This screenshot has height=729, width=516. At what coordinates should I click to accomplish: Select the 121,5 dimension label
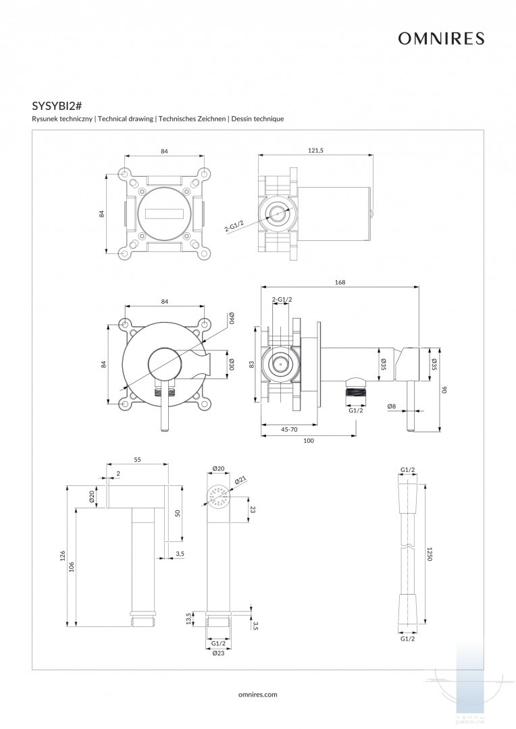pyautogui.click(x=316, y=151)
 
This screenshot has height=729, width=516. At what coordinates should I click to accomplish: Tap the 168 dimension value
pyautogui.click(x=340, y=282)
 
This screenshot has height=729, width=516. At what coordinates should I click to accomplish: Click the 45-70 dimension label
pyautogui.click(x=289, y=429)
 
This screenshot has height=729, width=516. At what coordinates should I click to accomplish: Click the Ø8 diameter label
pyautogui.click(x=392, y=406)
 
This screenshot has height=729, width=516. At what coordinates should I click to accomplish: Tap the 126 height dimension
pyautogui.click(x=62, y=556)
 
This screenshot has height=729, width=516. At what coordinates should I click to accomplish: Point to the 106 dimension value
pyautogui.click(x=72, y=568)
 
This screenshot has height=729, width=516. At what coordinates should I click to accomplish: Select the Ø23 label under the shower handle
pyautogui.click(x=218, y=653)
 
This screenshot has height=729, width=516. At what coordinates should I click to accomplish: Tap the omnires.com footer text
pyautogui.click(x=258, y=694)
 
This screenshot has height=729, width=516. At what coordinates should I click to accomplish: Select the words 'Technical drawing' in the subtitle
pyautogui.click(x=125, y=119)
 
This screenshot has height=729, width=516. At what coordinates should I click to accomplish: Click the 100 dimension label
pyautogui.click(x=309, y=440)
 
